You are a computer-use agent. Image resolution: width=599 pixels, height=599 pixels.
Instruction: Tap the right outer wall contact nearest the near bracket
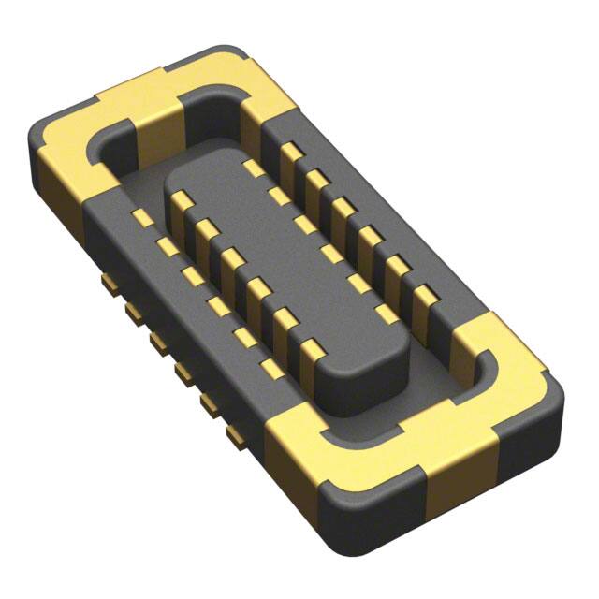click(x=424, y=298)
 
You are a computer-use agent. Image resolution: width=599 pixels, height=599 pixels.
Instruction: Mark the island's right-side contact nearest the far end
click(x=251, y=168)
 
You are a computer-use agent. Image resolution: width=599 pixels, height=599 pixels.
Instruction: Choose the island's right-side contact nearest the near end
click(x=384, y=309)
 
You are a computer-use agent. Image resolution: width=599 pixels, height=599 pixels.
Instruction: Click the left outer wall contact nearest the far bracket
click(x=141, y=218)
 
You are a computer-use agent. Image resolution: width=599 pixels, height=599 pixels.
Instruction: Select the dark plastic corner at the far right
click(x=552, y=402)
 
